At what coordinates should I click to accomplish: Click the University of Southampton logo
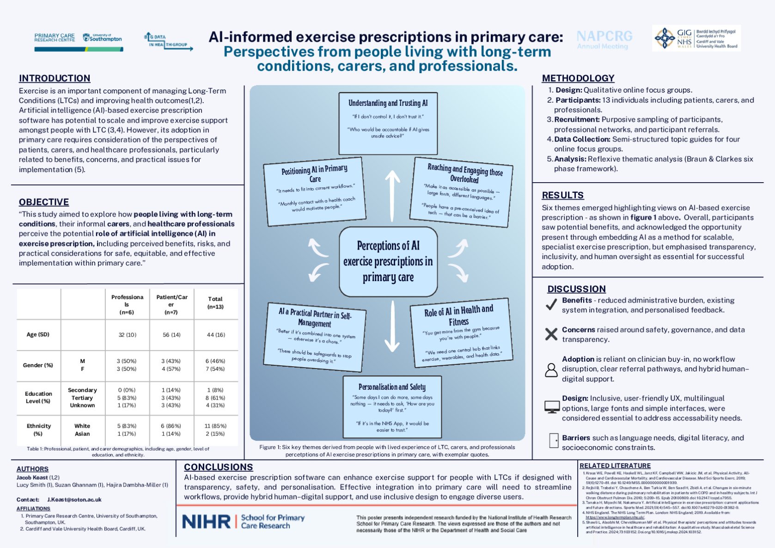[103, 37]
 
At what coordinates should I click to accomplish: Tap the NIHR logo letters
[206, 522]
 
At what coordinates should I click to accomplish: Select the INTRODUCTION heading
[55, 78]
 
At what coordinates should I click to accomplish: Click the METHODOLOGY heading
[578, 78]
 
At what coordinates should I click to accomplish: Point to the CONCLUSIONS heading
[218, 467]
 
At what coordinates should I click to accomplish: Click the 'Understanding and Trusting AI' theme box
[388, 123]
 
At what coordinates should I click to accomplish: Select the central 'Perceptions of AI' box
[388, 261]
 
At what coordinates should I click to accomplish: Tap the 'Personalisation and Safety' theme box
[392, 407]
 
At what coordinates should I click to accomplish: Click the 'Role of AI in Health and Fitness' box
[460, 332]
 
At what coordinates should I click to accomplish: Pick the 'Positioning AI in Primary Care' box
[315, 191]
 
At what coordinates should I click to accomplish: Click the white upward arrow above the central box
[392, 196]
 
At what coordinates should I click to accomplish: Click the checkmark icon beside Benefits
[551, 304]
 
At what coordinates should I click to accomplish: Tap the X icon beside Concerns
[551, 334]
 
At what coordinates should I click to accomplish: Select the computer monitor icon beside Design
[552, 407]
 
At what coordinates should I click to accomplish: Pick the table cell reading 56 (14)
[171, 334]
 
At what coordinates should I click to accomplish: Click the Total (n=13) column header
[215, 303]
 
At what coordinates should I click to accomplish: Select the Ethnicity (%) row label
[38, 430]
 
